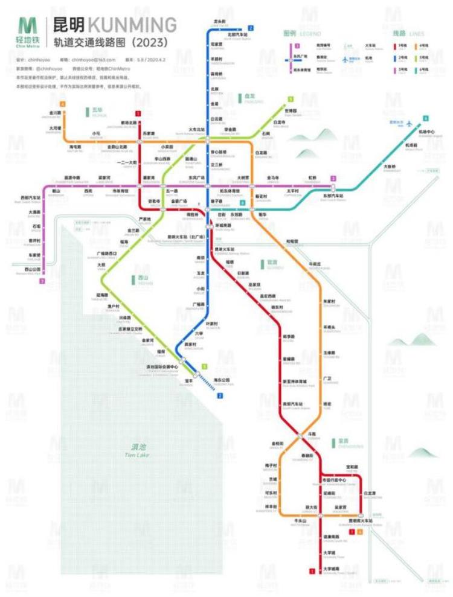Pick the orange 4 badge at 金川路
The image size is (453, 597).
pos(62,104)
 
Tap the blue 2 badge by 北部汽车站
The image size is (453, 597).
pos(250,28)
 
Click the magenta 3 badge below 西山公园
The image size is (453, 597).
pos(42,281)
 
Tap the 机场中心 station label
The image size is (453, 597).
pos(427,132)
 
